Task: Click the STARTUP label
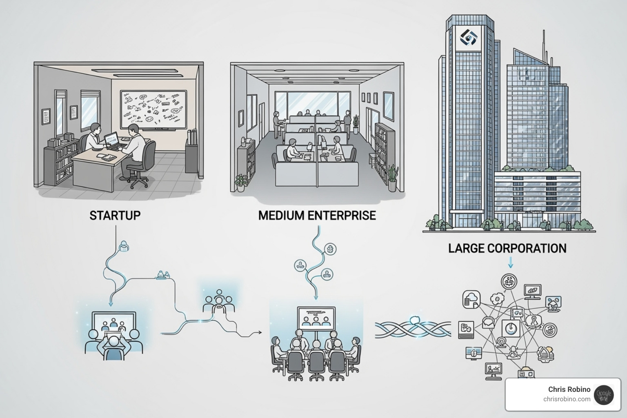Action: [115, 215]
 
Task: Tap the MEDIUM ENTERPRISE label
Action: [317, 215]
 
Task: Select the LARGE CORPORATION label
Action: [507, 248]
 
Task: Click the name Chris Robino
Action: [569, 389]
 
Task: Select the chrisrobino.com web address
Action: [567, 399]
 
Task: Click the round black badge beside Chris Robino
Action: [604, 395]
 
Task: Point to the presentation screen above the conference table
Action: [316, 317]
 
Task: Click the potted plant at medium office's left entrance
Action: [241, 182]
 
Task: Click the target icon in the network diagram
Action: [549, 329]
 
